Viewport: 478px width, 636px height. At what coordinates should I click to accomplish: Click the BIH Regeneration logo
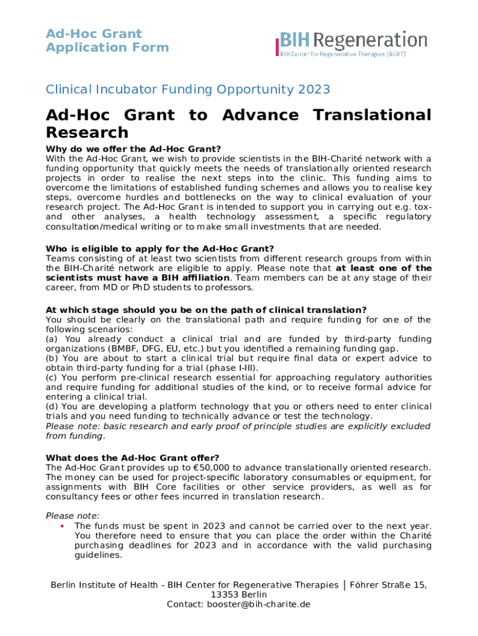point(351,43)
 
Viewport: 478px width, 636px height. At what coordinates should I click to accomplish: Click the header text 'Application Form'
point(107,47)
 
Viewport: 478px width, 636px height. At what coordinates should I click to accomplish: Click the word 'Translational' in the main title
point(372,115)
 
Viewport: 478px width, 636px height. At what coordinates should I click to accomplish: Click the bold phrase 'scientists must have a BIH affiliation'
point(138,278)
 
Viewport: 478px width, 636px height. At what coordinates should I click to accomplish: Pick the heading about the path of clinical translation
point(206,309)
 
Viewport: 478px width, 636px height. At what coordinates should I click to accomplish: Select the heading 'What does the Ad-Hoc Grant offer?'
point(132,458)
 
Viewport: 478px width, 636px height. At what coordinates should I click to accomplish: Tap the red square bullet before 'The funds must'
point(62,525)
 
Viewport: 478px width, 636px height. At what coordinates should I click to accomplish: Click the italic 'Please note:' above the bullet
point(73,516)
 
